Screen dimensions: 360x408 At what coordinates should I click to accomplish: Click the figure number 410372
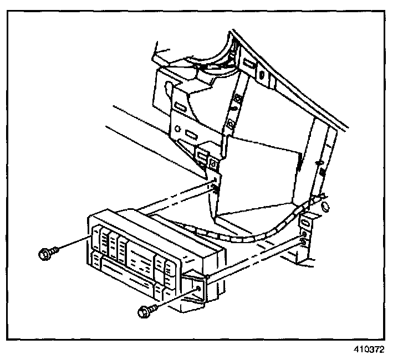[368, 350]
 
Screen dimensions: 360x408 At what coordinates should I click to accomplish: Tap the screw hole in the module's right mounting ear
[198, 288]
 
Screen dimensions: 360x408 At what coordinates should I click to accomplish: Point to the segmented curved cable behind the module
[249, 235]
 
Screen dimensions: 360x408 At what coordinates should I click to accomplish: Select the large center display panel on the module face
[142, 255]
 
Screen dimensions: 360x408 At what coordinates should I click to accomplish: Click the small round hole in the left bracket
[176, 128]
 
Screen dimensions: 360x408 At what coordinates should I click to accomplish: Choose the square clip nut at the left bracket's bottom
[213, 164]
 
